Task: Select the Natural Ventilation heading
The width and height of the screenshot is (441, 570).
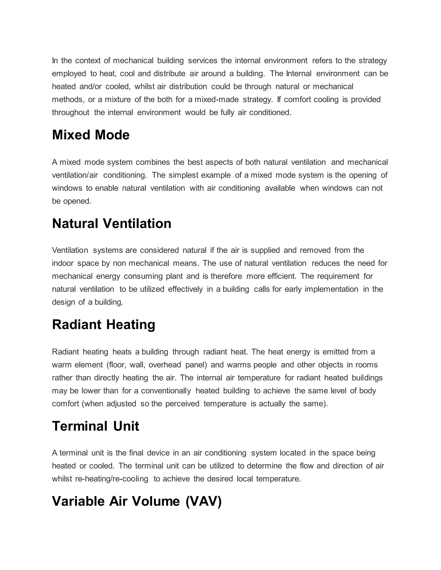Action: coord(112,224)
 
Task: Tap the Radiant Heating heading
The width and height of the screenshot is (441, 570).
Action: coord(103,325)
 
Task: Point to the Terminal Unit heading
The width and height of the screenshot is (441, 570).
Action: coord(95,426)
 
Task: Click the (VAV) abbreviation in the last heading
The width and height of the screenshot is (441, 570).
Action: coord(203,501)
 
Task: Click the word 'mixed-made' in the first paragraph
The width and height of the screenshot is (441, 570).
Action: coord(216,99)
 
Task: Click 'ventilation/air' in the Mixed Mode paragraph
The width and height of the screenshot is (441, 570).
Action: coord(75,175)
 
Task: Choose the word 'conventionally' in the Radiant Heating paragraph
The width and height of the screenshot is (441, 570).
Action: coord(166,391)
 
